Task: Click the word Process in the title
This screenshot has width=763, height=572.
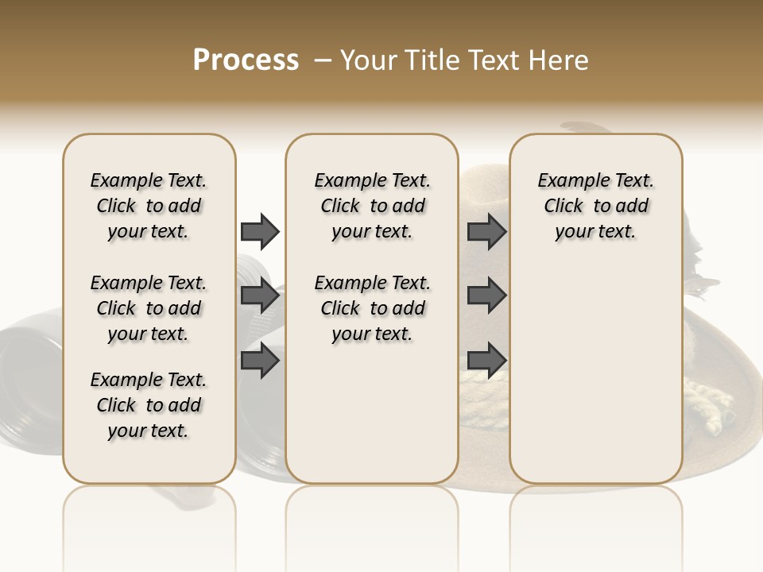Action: click(246, 60)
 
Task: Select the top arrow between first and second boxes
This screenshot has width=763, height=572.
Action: click(260, 231)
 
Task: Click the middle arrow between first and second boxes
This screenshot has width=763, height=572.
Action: click(260, 296)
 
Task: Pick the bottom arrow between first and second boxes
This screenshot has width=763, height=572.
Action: click(260, 361)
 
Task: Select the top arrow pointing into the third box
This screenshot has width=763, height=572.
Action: click(486, 231)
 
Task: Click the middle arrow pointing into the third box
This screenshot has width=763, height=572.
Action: click(486, 296)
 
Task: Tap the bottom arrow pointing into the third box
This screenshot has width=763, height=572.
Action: click(486, 361)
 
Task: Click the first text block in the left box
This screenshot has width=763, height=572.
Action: click(149, 206)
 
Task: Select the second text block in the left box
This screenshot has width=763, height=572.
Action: click(149, 308)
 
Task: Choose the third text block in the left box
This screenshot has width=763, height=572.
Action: click(149, 405)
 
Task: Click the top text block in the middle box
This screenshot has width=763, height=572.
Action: click(372, 206)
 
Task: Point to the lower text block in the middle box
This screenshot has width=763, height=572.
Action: click(372, 308)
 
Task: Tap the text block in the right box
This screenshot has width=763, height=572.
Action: click(595, 206)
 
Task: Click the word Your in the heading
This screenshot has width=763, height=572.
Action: click(369, 60)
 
